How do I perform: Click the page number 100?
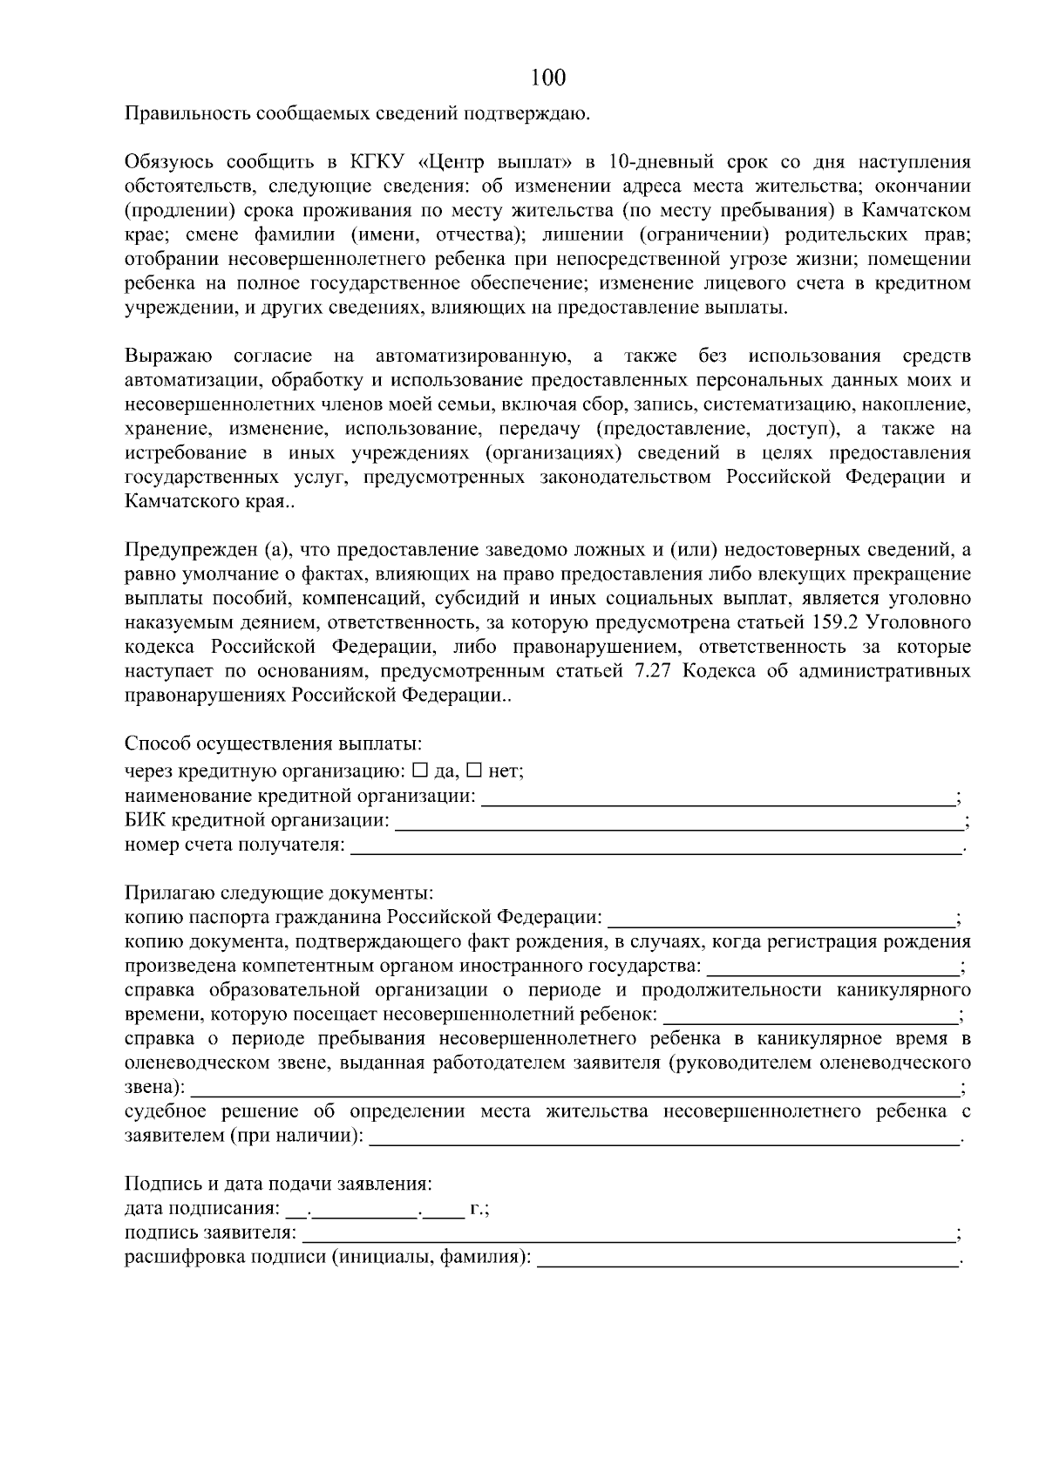coord(548,78)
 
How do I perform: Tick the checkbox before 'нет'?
coord(474,771)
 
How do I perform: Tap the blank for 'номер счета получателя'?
coord(654,845)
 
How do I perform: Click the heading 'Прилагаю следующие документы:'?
coord(279,893)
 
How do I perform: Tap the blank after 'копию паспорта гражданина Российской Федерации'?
coord(780,918)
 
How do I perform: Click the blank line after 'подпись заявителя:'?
coord(628,1233)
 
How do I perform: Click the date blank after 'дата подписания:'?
coord(375,1210)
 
